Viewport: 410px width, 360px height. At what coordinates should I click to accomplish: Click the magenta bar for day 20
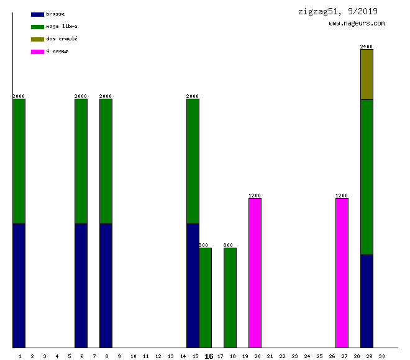pos(255,273)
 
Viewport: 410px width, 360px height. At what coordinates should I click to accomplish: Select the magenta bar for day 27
pos(342,273)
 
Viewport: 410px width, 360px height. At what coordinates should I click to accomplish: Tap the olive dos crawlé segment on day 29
pos(367,74)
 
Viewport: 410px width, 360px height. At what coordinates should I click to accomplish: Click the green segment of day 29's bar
pos(367,177)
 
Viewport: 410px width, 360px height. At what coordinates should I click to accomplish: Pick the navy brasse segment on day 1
pos(19,286)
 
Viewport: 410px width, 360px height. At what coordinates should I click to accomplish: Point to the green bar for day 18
pos(230,298)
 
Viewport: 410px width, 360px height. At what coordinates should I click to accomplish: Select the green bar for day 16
pos(205,298)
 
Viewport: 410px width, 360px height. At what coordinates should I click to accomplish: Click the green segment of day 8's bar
pos(106,161)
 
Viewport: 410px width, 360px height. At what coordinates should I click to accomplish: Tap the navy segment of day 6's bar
pos(81,286)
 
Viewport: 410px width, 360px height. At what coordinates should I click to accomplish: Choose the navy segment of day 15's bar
pos(193,286)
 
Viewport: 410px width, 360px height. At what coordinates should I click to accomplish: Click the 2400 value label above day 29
pos(367,47)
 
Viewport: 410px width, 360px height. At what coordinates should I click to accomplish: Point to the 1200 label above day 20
pos(255,196)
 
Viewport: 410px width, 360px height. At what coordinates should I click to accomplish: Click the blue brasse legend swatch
pos(37,14)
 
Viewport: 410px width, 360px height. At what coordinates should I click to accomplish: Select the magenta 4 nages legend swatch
pos(37,52)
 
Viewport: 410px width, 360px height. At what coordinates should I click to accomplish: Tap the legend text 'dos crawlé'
pos(61,38)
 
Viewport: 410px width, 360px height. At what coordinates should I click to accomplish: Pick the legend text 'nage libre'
pos(61,26)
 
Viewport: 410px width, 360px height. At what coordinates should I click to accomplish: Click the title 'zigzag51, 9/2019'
pos(337,11)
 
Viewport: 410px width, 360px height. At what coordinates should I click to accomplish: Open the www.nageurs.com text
pos(357,24)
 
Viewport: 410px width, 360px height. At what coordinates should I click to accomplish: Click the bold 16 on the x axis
pos(209,356)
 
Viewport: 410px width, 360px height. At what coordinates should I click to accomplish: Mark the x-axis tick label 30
pos(381,356)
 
